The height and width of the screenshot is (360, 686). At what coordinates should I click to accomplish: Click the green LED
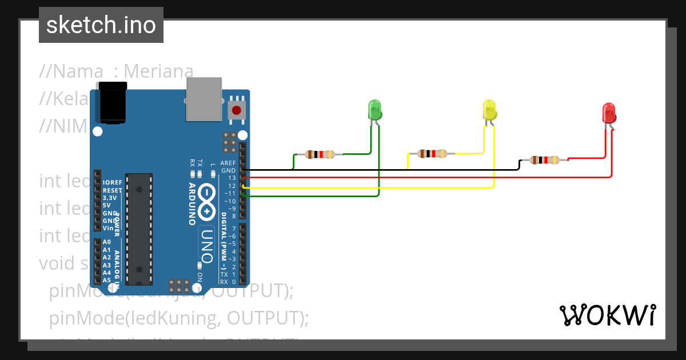374,109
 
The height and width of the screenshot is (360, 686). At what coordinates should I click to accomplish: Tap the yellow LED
489,110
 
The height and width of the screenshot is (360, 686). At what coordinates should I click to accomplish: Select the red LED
609,113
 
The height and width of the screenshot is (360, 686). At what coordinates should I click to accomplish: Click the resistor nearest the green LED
320,154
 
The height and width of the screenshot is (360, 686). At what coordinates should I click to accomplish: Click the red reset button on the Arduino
236,110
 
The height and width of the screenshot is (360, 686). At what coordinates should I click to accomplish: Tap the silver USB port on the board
204,99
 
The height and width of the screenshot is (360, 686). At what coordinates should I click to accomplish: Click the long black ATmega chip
139,228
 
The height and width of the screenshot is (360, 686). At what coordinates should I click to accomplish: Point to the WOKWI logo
607,315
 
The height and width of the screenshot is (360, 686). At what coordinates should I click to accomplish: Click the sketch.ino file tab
101,25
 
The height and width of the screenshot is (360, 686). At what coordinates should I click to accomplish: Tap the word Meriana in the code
158,71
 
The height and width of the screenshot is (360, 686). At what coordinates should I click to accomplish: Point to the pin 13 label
232,178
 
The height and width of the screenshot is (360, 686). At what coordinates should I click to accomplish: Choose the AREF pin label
229,163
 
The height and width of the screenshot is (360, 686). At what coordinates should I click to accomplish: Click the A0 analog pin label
107,242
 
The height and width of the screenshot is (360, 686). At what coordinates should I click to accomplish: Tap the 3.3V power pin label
110,198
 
